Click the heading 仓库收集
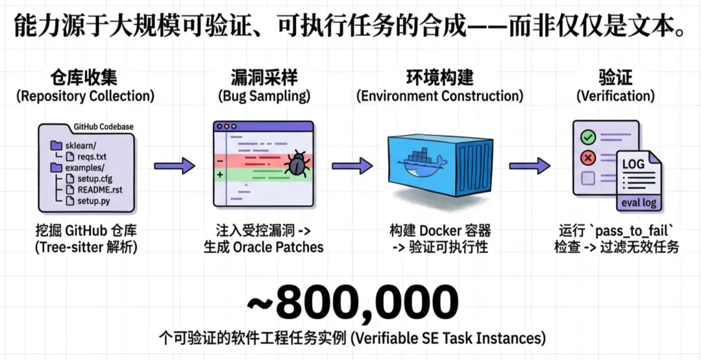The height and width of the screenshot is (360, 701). point(84,78)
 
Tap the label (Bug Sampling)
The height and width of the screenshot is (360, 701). point(264,97)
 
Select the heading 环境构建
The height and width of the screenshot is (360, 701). point(439,78)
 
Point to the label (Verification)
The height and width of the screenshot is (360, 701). point(616,97)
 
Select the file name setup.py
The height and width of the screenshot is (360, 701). point(96,202)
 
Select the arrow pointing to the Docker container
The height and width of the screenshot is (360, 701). point(352,166)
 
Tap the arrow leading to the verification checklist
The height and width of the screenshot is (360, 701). point(529,166)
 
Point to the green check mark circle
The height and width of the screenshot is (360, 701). point(588,138)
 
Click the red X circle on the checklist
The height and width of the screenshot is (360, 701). point(588,158)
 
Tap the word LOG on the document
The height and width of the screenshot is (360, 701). point(633,164)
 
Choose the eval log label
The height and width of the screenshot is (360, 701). point(639,202)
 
